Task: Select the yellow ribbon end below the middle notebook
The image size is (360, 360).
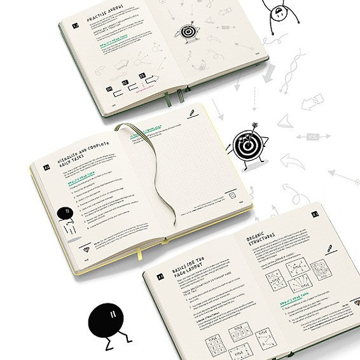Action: click(141, 256)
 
